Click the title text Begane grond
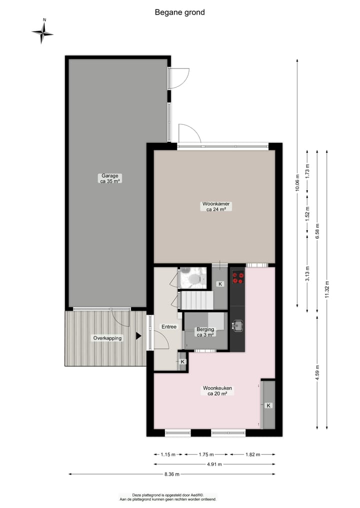[179, 12]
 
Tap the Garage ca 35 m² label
[110, 178]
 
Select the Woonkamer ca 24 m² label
[216, 207]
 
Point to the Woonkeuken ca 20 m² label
[217, 391]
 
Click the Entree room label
[168, 327]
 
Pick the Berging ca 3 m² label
[205, 332]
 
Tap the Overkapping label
[107, 338]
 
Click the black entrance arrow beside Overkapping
[138, 336]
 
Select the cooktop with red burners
[237, 277]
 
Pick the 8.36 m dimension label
[171, 474]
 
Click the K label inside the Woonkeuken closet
[268, 406]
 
